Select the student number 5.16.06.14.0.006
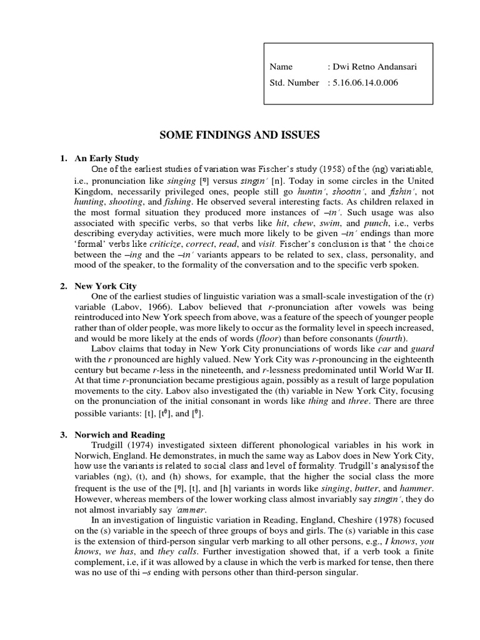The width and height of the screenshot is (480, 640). tap(366, 82)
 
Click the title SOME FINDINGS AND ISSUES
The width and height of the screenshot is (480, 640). tap(240, 134)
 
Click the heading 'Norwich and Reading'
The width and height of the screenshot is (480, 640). tap(119, 435)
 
